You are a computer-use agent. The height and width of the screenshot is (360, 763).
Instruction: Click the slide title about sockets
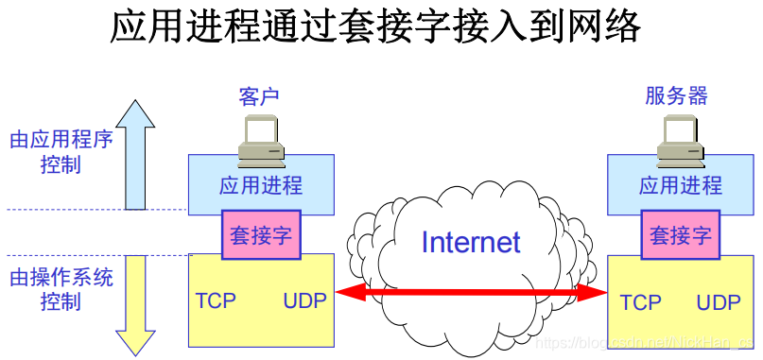(375, 27)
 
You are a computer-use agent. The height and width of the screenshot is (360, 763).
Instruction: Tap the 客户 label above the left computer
(260, 96)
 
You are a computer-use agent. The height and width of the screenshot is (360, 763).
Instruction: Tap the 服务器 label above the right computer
(677, 96)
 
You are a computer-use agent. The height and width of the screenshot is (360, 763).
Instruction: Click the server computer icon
(679, 136)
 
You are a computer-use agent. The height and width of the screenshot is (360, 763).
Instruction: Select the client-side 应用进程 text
(261, 184)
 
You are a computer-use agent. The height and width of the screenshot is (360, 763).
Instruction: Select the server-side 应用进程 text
(680, 184)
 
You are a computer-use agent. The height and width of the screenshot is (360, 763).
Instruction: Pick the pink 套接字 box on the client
(261, 235)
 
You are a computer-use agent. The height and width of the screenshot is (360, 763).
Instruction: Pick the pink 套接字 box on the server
(680, 235)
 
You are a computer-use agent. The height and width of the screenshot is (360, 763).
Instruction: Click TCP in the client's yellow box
(216, 301)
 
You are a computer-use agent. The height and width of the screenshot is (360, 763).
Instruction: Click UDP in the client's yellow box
(304, 301)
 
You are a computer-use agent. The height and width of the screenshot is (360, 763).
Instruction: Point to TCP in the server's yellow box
(640, 303)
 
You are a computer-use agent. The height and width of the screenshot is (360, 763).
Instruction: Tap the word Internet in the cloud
(470, 242)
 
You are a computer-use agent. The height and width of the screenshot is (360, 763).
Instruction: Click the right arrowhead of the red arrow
(594, 293)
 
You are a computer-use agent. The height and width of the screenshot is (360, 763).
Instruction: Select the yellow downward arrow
(135, 302)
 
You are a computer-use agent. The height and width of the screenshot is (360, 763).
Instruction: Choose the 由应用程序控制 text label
(61, 151)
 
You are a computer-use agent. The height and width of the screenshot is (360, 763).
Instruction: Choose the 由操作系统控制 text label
(61, 289)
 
